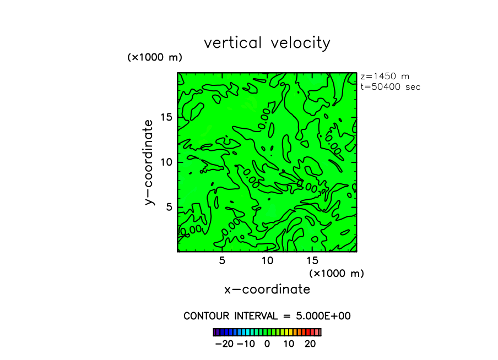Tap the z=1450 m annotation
[x=385, y=77]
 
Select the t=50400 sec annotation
[x=390, y=86]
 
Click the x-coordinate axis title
[x=267, y=290]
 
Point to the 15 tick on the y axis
[x=166, y=117]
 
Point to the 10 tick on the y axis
[x=166, y=162]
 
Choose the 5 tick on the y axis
[x=170, y=207]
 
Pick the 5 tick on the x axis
[x=222, y=260]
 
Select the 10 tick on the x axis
[x=267, y=260]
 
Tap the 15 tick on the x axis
[x=312, y=260]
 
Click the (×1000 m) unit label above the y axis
[x=155, y=57]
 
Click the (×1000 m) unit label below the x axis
[x=337, y=273]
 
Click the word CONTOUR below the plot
[x=208, y=316]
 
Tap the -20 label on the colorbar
[x=224, y=344]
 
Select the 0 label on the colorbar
[x=267, y=344]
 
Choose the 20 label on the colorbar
[x=310, y=344]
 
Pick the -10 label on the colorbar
[x=246, y=344]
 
